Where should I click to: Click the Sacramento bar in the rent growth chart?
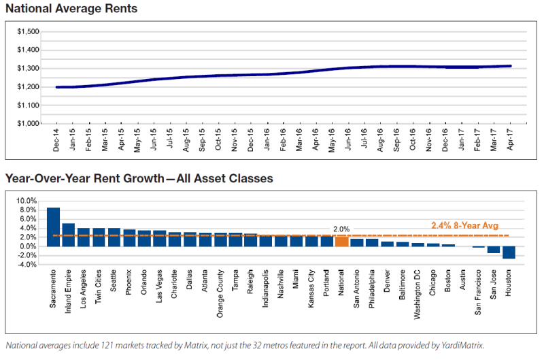coord(54,227)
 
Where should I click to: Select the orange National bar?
coord(342,242)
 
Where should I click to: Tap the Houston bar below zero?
coord(509,252)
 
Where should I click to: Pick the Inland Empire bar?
coord(69,235)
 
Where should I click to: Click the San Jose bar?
coord(494,250)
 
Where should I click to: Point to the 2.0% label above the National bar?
coord(341,229)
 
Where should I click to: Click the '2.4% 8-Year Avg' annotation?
coord(464,226)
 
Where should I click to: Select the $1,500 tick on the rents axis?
coord(28,31)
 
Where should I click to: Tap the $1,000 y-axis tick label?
coord(28,123)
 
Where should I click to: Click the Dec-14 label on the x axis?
coord(56,140)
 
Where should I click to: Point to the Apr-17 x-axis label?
coord(509,140)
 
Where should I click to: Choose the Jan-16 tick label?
coord(267,140)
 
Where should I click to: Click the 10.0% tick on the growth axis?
coord(27,201)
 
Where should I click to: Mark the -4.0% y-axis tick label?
coord(27,264)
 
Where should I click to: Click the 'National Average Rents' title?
coord(71,8)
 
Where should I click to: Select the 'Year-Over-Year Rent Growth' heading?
coord(84,178)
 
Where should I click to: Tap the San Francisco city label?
coord(478,293)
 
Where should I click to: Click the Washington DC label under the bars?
coord(417,295)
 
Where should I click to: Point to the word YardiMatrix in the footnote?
coord(463,346)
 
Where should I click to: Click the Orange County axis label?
coord(220,294)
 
